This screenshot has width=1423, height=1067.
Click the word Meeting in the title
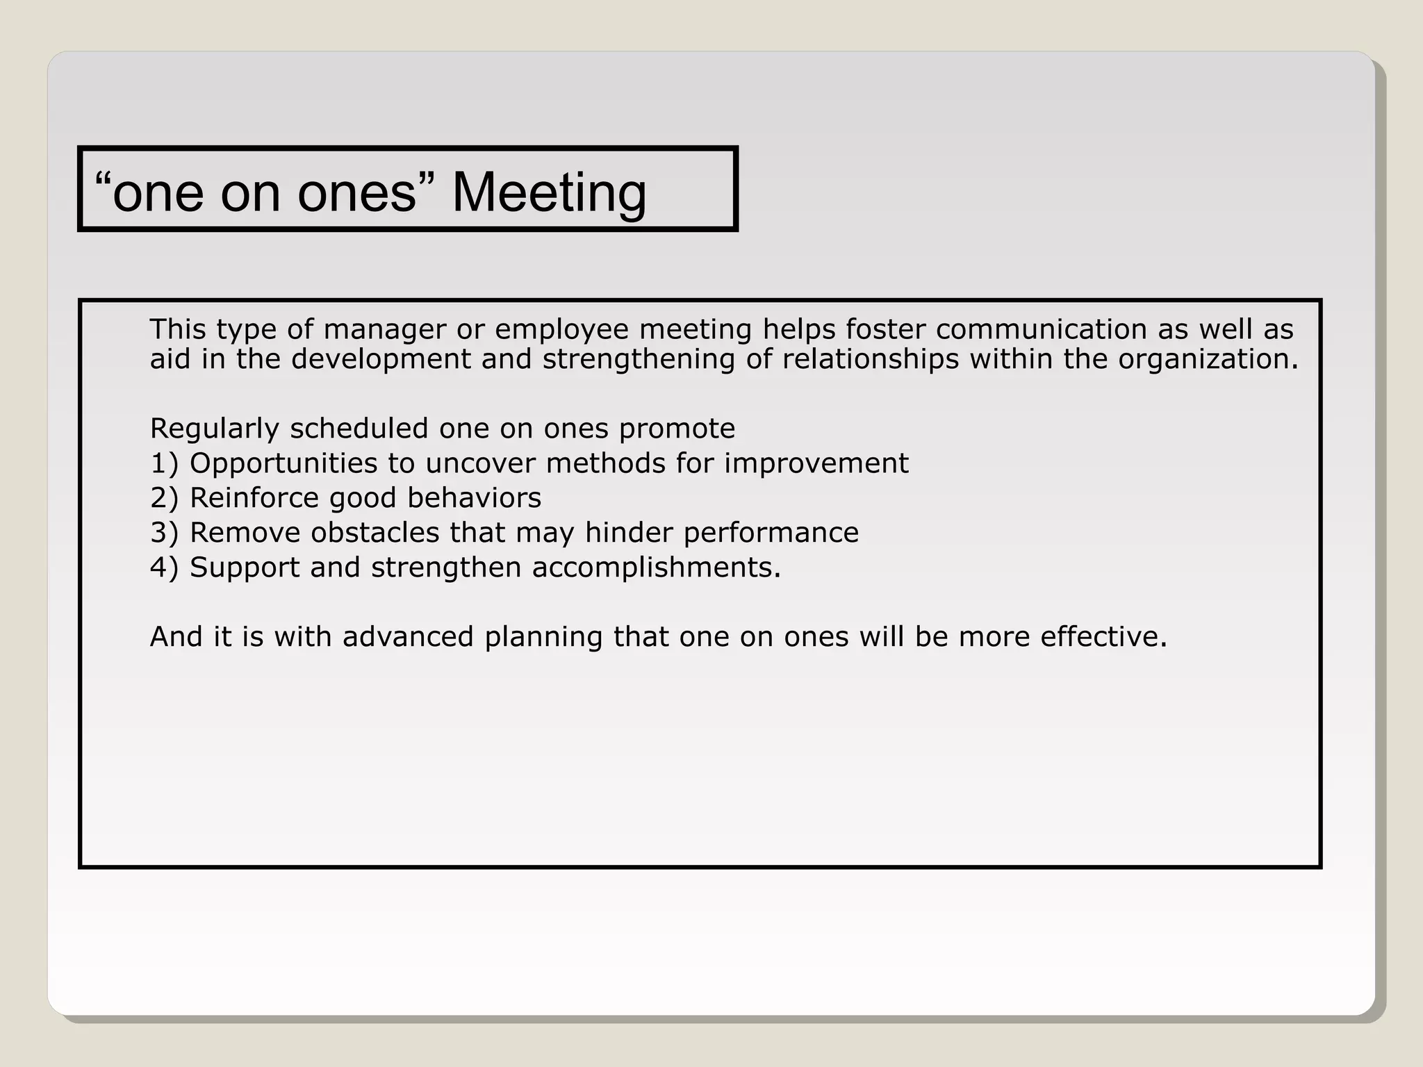[x=549, y=192]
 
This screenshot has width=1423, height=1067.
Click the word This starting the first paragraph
[x=177, y=329]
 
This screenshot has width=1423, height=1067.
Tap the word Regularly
[x=214, y=429]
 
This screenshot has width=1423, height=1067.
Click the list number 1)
[x=164, y=463]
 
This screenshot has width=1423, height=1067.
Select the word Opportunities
[x=284, y=464]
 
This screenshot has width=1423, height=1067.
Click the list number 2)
[x=164, y=498]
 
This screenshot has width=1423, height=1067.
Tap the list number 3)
[x=164, y=533]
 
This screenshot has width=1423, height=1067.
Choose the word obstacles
[x=375, y=533]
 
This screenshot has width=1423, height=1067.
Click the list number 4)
[x=164, y=568]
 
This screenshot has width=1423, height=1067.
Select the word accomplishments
[x=656, y=568]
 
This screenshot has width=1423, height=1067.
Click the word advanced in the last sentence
[x=408, y=637]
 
